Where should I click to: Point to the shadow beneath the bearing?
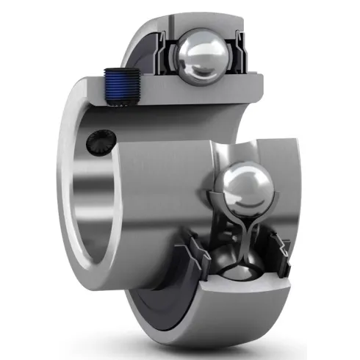(x=220, y=345)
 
